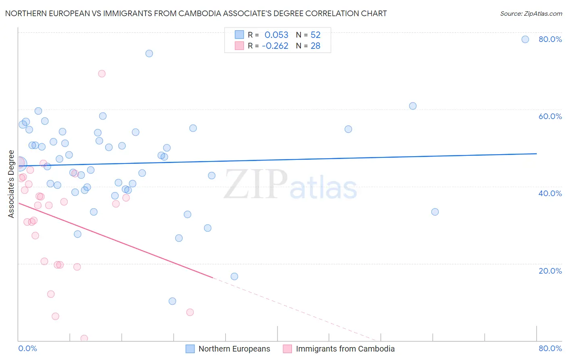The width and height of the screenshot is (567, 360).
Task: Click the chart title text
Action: click(x=196, y=13)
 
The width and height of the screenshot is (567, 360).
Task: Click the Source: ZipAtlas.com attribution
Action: click(x=531, y=13)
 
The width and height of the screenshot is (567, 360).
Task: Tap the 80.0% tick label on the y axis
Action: click(x=550, y=39)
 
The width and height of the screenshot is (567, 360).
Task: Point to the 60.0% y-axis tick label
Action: click(x=550, y=116)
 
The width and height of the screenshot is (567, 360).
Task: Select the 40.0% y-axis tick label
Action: click(x=550, y=193)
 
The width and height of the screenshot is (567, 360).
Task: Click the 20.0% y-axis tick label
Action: click(x=550, y=270)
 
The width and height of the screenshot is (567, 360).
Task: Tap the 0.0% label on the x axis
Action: click(x=27, y=348)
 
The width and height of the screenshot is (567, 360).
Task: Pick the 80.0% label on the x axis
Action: click(x=550, y=348)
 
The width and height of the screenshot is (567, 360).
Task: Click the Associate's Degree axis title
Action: click(x=11, y=184)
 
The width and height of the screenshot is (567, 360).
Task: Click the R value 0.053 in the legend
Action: click(x=276, y=35)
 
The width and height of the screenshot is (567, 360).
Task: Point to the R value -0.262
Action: click(x=275, y=46)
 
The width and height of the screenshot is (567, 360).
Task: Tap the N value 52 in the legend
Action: click(x=315, y=35)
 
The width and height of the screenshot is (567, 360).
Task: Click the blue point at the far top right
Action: click(x=525, y=39)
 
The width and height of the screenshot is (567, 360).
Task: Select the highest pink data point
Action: click(x=102, y=73)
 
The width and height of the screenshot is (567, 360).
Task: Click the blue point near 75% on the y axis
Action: click(x=149, y=53)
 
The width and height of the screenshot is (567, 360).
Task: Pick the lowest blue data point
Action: click(x=172, y=301)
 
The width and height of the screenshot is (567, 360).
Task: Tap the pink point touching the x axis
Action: click(x=84, y=338)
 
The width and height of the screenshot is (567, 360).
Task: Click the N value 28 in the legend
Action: click(x=315, y=46)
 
